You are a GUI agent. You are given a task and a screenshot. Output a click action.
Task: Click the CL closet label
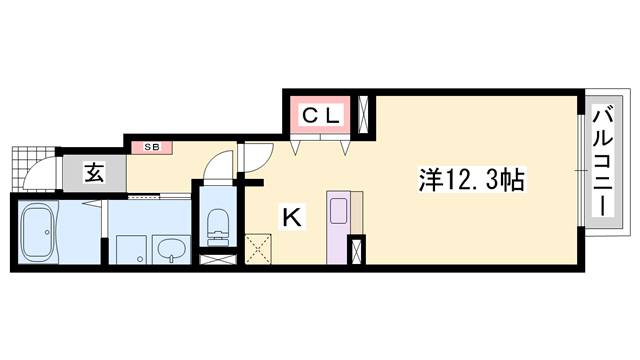click(320, 115)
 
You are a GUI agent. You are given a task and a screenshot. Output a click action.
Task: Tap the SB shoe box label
click(152, 147)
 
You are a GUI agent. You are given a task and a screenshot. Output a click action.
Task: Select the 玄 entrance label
click(94, 172)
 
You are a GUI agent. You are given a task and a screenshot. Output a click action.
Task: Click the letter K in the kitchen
click(292, 217)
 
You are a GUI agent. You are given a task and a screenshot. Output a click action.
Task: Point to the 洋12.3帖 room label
click(471, 180)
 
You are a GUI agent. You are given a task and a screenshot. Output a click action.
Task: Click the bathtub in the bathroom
click(38, 233)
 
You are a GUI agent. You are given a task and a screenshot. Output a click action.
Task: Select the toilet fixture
click(218, 228)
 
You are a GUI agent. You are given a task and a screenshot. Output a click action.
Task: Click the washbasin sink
click(171, 249)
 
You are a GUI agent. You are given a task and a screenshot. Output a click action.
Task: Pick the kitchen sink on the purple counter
click(338, 211)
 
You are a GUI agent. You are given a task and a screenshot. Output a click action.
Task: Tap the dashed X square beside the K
click(258, 249)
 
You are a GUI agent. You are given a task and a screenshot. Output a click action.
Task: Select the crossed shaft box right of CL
click(363, 115)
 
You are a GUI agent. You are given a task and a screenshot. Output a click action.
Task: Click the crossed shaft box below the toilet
click(218, 260)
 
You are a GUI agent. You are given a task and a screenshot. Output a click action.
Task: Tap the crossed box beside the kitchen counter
click(356, 250)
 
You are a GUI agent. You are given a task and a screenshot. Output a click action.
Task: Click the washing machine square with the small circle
click(131, 249)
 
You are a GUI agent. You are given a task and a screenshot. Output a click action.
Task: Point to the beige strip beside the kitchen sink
click(357, 212)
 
